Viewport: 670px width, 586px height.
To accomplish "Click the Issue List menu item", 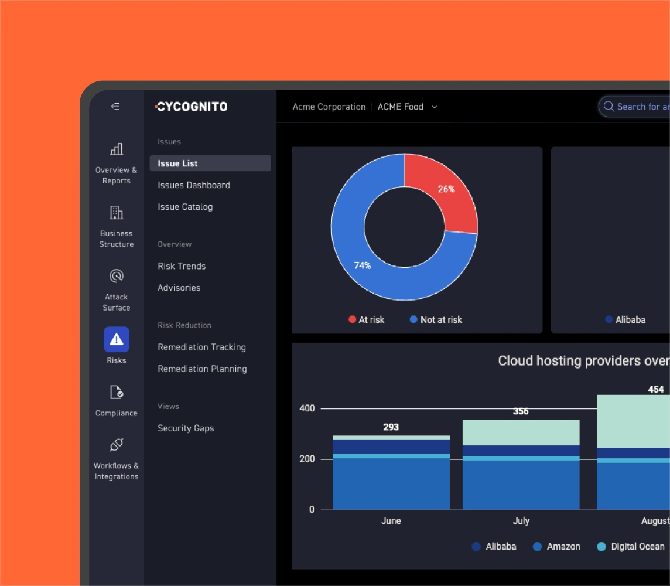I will (x=177, y=163).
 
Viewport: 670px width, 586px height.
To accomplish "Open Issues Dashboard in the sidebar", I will (x=194, y=185).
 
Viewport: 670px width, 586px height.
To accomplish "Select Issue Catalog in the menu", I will (x=185, y=207).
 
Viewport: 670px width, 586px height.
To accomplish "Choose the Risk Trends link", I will (x=182, y=266).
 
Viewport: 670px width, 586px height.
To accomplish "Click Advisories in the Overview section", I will (x=179, y=288).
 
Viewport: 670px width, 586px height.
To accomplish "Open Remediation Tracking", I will (x=201, y=347).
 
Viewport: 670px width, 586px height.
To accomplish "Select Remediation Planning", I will (x=202, y=369).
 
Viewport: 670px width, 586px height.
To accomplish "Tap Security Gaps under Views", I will (x=186, y=428).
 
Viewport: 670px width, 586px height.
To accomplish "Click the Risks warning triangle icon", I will (x=117, y=339).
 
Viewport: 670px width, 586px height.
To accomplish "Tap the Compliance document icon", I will (x=117, y=393).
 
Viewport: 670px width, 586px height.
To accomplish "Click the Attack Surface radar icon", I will (x=117, y=276).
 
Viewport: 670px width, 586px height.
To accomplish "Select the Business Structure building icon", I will (x=117, y=212).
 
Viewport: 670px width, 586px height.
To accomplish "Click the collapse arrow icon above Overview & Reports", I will (x=115, y=107).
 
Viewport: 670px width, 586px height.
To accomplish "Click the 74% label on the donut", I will (x=363, y=265).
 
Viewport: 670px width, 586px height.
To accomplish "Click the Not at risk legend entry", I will (x=436, y=319).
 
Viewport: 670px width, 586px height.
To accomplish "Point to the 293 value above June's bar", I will (x=391, y=427).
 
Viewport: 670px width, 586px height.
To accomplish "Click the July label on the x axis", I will (x=521, y=521).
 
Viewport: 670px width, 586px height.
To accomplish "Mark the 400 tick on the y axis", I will (x=307, y=408).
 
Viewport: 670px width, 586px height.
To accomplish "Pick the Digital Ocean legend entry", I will (x=631, y=547).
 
